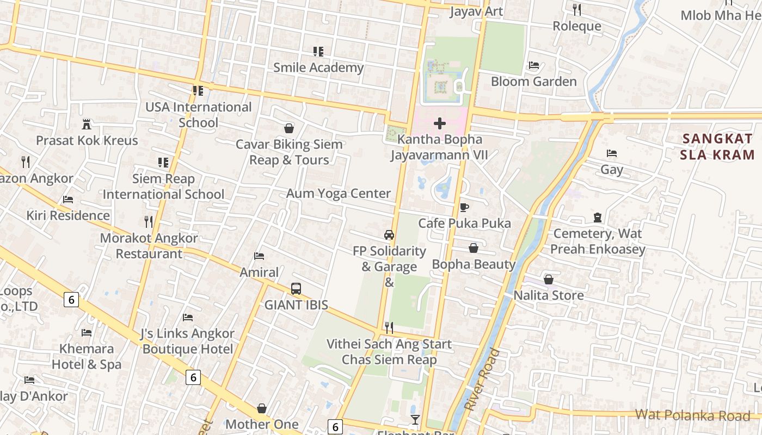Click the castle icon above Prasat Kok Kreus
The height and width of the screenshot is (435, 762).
click(87, 124)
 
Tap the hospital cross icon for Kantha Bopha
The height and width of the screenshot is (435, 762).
click(439, 123)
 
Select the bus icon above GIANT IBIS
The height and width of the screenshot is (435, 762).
click(296, 289)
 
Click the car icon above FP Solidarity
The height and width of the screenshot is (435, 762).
click(389, 235)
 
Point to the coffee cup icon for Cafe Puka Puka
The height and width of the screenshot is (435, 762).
click(464, 207)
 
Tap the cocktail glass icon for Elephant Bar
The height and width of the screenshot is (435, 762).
click(415, 419)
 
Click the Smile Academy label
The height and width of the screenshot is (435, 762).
click(318, 67)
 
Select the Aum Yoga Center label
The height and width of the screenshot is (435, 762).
click(339, 194)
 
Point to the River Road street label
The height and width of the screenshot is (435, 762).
click(482, 380)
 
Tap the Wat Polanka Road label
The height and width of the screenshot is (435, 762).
click(692, 415)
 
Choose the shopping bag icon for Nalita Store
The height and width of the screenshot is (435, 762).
click(549, 279)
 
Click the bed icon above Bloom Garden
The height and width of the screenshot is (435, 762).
click(534, 65)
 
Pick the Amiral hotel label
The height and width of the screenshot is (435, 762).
click(259, 272)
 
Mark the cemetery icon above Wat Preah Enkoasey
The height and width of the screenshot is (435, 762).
click(598, 217)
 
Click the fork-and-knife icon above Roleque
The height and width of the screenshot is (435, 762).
click(577, 9)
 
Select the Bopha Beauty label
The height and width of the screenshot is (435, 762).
click(474, 264)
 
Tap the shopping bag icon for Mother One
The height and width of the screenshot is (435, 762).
click(262, 408)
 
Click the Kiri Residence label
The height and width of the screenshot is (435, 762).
click(68, 215)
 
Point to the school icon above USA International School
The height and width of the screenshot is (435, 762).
click(198, 91)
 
